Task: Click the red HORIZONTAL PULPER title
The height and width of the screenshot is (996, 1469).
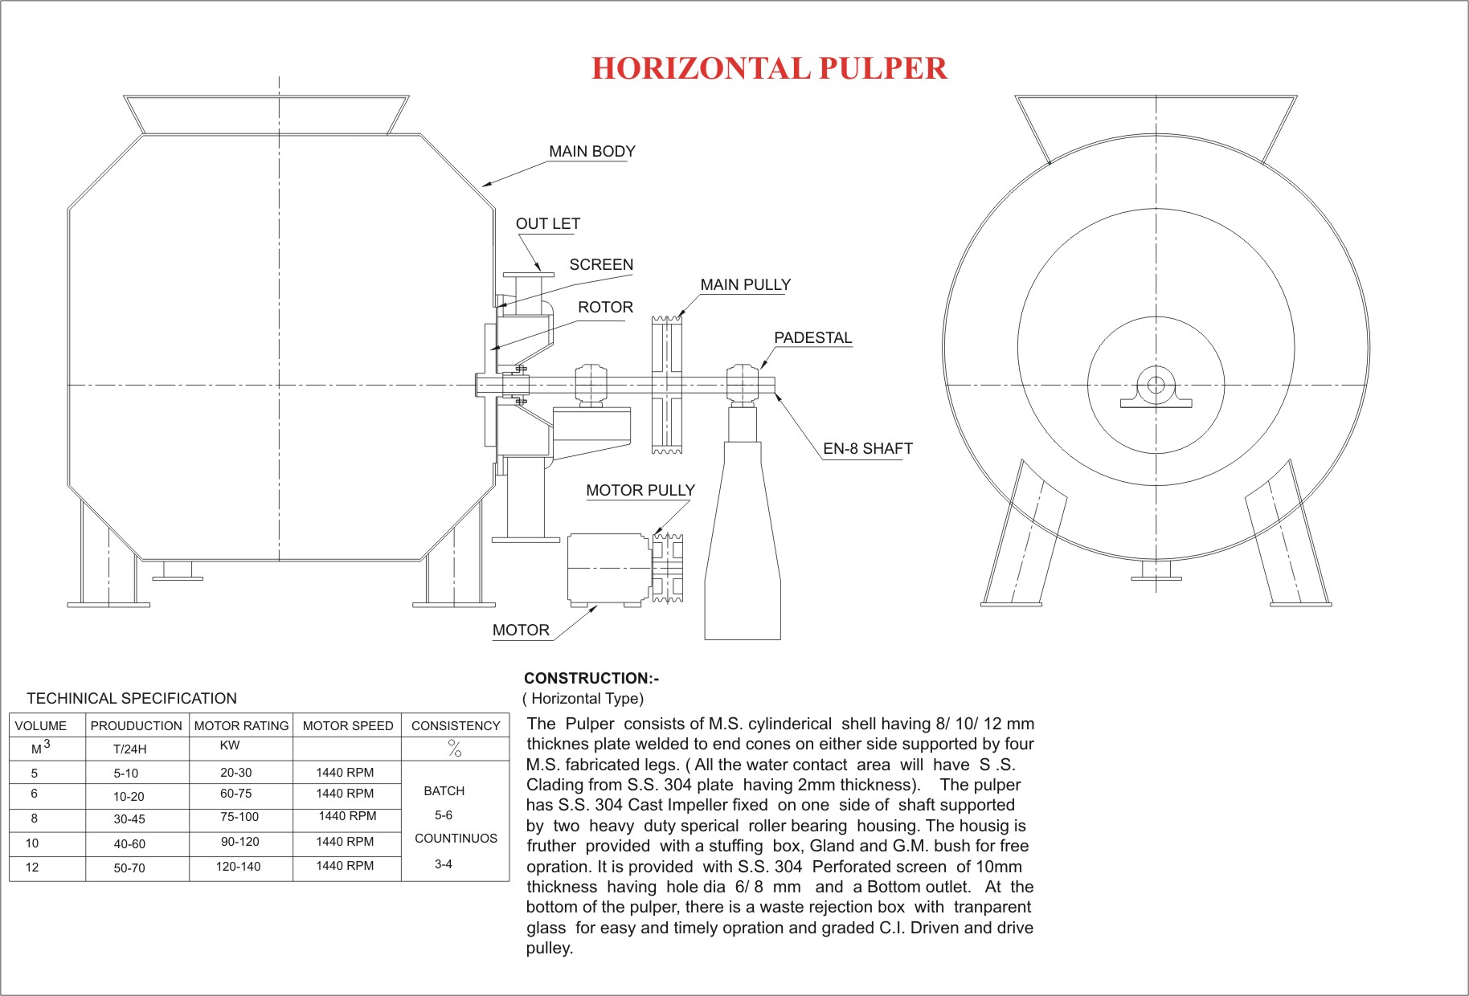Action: point(769,68)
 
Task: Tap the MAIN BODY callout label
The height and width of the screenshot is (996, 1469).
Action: point(591,151)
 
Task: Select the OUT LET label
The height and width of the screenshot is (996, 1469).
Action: point(547,223)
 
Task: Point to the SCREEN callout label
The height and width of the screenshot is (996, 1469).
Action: point(601,264)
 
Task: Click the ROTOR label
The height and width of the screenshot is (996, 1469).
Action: point(605,307)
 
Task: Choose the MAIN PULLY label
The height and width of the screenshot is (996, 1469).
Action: point(745,284)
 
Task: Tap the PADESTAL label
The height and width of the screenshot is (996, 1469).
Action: point(812,337)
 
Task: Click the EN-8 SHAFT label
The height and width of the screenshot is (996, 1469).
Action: point(867,448)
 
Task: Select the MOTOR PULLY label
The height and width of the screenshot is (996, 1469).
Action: point(640,490)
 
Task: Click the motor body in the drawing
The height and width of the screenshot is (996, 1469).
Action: point(608,569)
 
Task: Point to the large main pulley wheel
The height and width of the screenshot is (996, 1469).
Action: point(666,385)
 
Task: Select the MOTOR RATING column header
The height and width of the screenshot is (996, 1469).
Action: point(241,725)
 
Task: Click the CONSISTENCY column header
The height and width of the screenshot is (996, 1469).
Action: point(456,725)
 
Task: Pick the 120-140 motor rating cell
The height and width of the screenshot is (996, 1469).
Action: point(238,866)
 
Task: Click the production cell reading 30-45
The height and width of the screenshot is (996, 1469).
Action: point(129,818)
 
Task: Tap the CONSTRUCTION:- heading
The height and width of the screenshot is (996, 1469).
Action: point(591,678)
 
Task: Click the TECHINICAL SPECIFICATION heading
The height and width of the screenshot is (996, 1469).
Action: point(132,698)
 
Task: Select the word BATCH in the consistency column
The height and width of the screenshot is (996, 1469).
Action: point(444,790)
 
